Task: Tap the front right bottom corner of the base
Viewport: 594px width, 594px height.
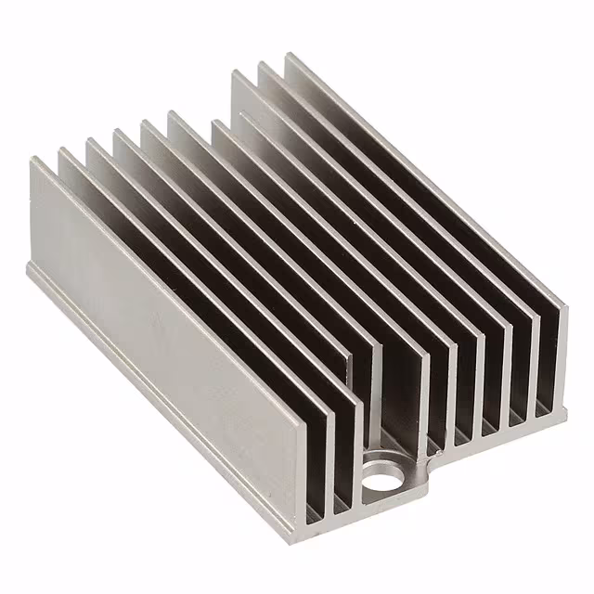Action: pyautogui.click(x=566, y=409)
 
